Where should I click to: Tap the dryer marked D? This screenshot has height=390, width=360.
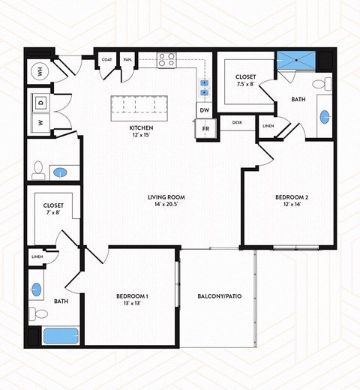click(x=40, y=101)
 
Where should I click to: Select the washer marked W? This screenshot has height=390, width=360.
click(x=40, y=121)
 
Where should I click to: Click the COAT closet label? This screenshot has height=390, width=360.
click(x=106, y=60)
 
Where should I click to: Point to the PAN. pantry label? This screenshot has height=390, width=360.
click(x=127, y=60)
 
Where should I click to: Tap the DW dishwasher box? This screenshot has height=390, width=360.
click(x=204, y=111)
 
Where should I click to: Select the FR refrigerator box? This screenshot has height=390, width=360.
click(x=204, y=130)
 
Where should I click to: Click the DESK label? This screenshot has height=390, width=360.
click(x=237, y=122)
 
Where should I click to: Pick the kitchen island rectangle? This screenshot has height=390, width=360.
click(x=139, y=107)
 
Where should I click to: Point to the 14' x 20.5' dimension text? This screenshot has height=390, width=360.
click(x=166, y=205)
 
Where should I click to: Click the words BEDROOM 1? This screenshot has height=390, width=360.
click(x=131, y=297)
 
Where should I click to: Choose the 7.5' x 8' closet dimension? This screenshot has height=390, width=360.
click(x=245, y=84)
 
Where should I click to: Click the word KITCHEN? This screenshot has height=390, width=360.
click(x=141, y=128)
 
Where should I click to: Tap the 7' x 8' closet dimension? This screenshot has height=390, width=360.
click(x=52, y=213)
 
